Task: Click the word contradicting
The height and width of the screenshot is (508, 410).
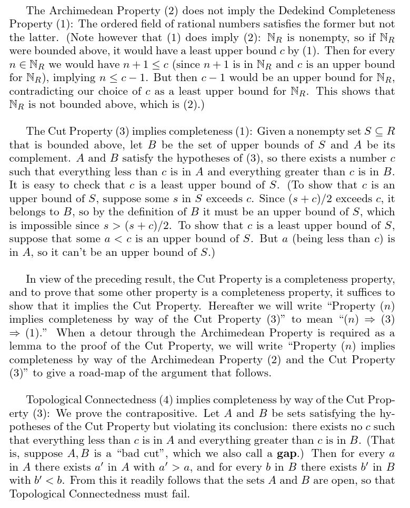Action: pos(42,92)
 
